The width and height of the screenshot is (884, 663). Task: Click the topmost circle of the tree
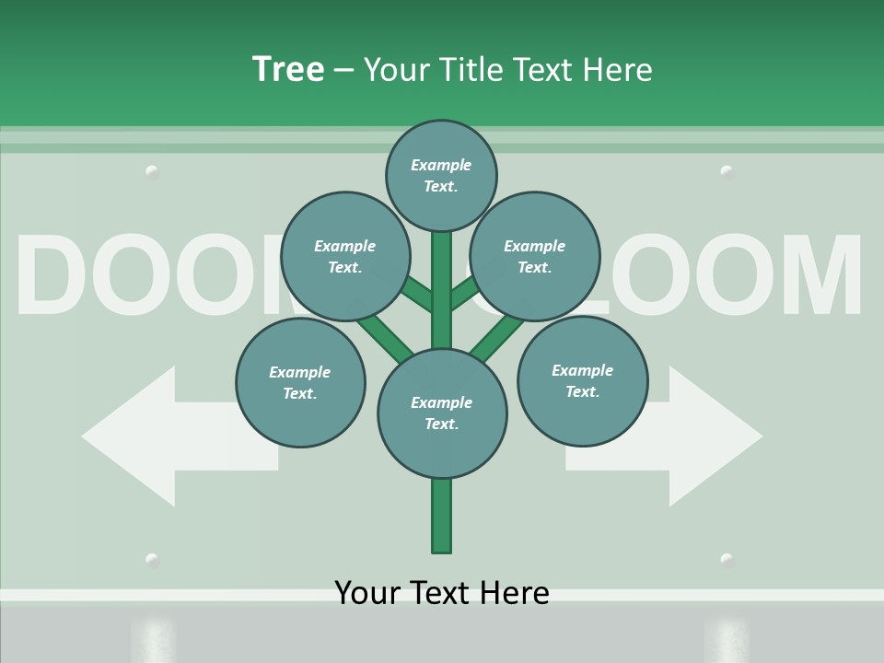441,175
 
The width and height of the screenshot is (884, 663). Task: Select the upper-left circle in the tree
345,257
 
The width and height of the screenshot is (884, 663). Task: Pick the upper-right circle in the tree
535,257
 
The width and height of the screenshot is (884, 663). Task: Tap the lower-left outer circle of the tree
300,383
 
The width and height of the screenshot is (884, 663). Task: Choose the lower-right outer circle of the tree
582,381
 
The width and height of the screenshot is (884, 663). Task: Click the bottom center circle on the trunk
442,413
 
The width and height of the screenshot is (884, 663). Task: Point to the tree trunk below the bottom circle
442,516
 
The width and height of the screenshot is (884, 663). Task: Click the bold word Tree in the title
288,69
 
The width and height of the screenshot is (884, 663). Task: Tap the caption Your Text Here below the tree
442,592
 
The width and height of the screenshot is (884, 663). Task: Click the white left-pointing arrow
157,436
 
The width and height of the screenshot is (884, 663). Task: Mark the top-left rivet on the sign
153,171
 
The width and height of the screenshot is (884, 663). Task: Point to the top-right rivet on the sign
727,171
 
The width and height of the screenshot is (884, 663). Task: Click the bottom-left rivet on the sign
153,560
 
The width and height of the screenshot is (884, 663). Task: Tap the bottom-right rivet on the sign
727,560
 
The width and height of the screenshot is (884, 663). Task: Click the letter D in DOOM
55,276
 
